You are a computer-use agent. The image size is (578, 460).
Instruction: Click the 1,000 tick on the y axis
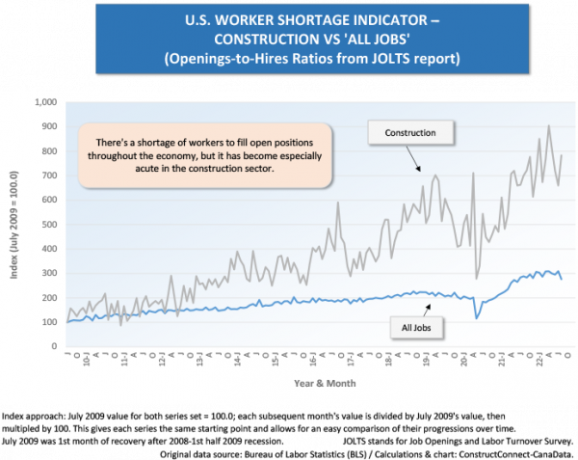(46, 101)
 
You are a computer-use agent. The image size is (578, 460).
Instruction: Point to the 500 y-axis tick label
(49, 224)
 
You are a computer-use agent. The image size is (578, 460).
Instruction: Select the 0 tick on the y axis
(55, 347)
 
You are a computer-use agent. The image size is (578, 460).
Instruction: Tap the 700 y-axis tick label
(49, 175)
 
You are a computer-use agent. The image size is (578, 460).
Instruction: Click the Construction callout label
(410, 132)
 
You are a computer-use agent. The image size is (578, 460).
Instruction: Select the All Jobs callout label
(421, 328)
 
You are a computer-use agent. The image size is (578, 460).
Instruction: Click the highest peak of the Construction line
(549, 125)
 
